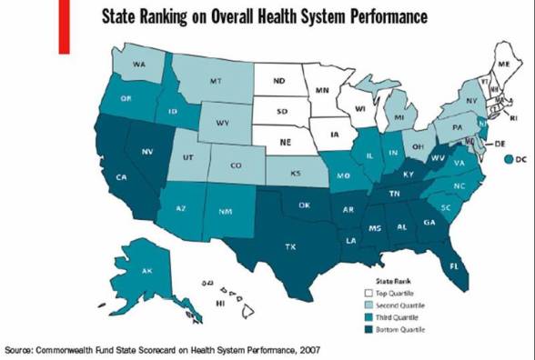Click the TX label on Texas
(x=290, y=246)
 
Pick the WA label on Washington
(x=139, y=65)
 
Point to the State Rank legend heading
(x=392, y=281)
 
